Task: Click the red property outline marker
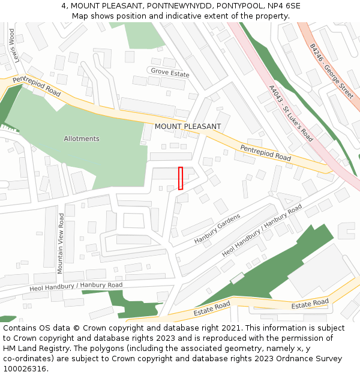[181, 178]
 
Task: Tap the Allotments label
[82, 139]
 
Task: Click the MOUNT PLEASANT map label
[188, 127]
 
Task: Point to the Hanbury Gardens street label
[217, 229]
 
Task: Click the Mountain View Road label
[61, 243]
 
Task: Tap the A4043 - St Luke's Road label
[291, 113]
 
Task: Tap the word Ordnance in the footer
[295, 359]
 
